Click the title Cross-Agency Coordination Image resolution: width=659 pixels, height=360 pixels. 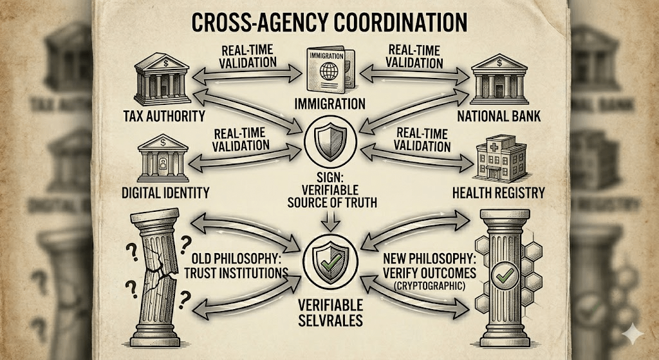329,23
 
